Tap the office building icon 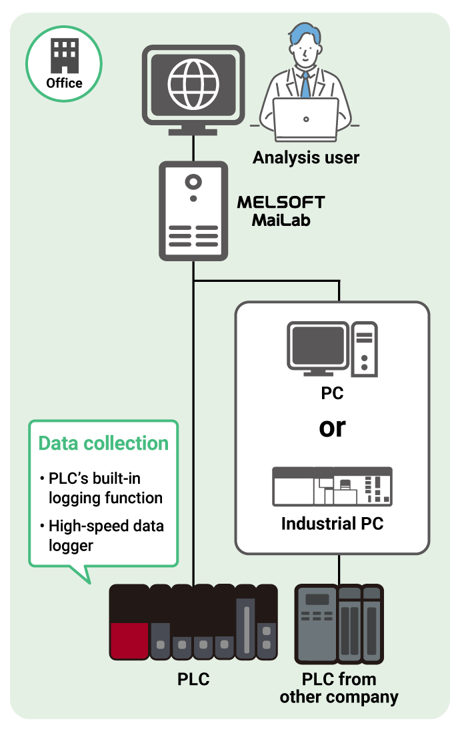[x=64, y=56]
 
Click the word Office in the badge [x=64, y=83]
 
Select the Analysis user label [x=305, y=158]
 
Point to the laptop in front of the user [x=305, y=118]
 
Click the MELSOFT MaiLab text [x=281, y=211]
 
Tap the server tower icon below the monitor [x=193, y=211]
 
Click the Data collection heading [x=103, y=444]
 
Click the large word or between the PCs [x=332, y=428]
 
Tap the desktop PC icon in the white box [x=332, y=347]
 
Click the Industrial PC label [x=332, y=524]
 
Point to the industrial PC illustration [x=332, y=486]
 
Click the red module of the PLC [x=129, y=640]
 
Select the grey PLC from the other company [x=339, y=624]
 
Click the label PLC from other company [x=339, y=688]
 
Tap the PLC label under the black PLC [x=193, y=680]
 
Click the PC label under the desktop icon [x=332, y=393]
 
